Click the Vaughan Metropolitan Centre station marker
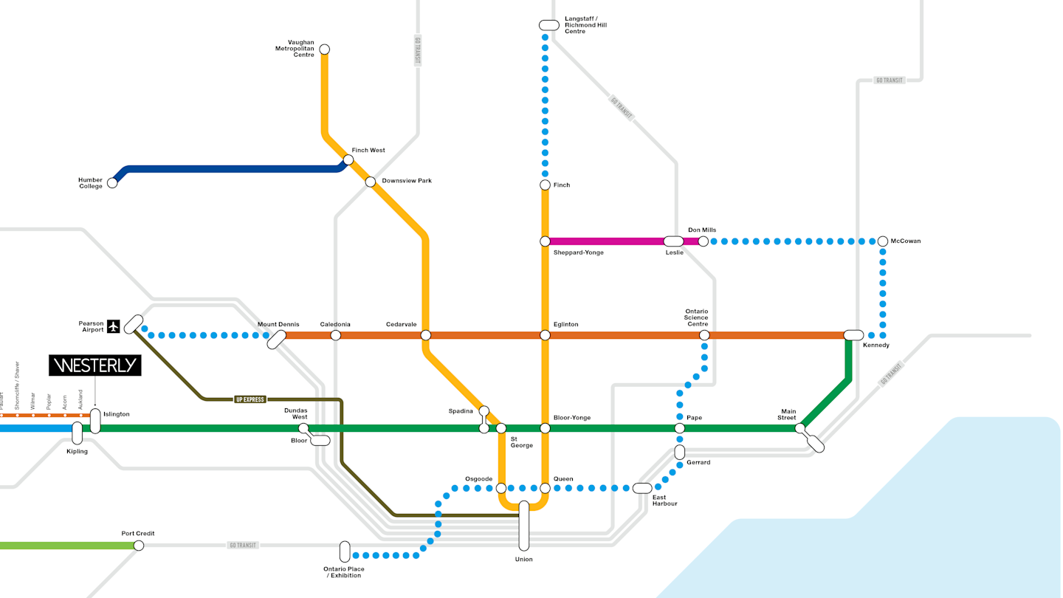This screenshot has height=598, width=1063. coord(324,49)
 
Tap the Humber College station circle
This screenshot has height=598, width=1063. coord(112,183)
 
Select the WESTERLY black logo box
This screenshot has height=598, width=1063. coord(94,365)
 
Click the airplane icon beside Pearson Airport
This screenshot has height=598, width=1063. coord(113,326)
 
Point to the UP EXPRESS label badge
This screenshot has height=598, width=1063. coord(250,399)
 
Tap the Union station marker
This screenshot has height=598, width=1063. coord(524,526)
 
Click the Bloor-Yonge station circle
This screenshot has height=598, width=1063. coord(546,428)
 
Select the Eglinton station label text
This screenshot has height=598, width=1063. coord(565,324)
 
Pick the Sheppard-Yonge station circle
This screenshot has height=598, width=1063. coord(546,241)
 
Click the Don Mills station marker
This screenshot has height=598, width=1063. coord(703,241)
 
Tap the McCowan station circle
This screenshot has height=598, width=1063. coord(883,241)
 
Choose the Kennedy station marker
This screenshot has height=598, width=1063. coord(853,335)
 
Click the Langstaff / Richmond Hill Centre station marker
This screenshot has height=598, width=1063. coord(549,25)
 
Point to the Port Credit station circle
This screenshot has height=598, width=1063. coord(139,546)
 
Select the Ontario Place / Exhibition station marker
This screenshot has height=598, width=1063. coord(345,551)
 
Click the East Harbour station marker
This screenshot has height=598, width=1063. coord(642,488)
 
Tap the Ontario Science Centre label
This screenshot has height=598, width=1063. coord(696,317)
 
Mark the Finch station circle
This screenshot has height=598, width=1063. coord(546,185)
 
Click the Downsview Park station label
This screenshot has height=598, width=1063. coord(407,181)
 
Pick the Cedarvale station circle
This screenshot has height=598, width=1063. coord(426,335)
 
